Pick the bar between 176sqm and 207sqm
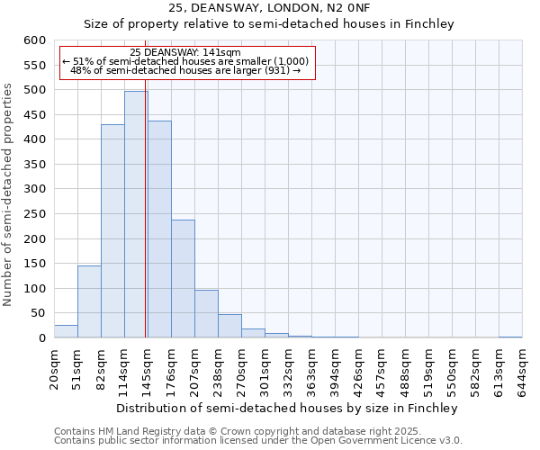click(183, 279)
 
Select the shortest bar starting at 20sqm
click(66, 331)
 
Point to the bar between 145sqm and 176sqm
click(159, 229)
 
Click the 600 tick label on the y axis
click(34, 40)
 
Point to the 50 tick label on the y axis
click(38, 313)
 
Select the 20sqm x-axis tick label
click(54, 369)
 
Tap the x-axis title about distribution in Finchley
click(287, 408)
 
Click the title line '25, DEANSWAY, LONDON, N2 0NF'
click(269, 8)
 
